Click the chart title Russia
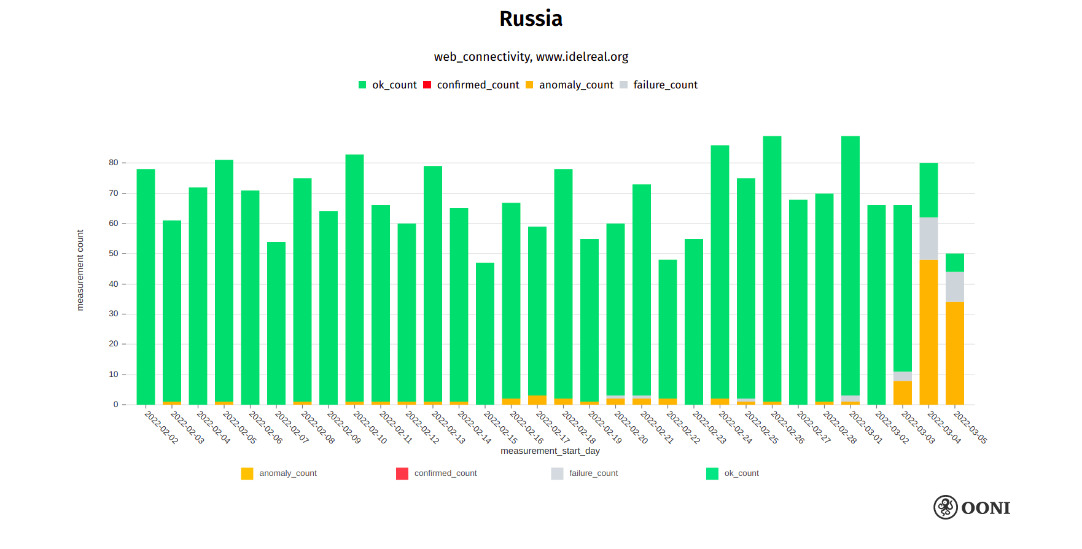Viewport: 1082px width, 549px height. coord(531,19)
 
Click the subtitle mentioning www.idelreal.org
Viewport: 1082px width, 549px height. coord(531,57)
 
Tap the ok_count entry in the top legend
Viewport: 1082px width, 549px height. coord(387,85)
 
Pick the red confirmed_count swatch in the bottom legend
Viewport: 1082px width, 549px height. coord(402,473)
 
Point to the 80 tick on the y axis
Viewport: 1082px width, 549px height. coord(114,163)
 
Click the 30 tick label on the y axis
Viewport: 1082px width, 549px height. coord(114,314)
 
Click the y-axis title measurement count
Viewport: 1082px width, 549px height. coord(80,270)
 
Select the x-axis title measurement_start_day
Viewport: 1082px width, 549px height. coord(550,451)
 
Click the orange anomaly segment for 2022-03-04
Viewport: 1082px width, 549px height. coord(928,332)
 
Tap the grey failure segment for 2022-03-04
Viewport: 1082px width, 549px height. coord(928,239)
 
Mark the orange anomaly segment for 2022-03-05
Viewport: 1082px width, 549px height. coord(954,353)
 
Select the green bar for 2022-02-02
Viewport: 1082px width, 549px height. coord(146,286)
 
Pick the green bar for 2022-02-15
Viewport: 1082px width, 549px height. coord(485,333)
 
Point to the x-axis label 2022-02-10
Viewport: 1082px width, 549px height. coord(370,427)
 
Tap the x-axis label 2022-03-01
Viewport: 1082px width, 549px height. coord(865,427)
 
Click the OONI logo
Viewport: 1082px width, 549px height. coord(971,508)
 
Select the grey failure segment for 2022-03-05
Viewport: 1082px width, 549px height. coord(954,287)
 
